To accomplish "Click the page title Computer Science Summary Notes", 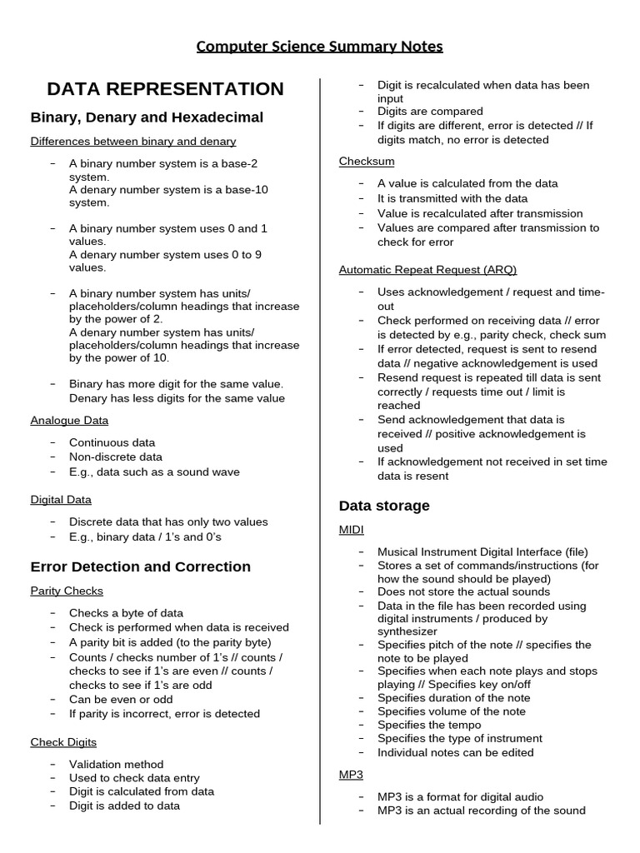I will pyautogui.click(x=319, y=46).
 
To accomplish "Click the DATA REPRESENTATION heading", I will pyautogui.click(x=165, y=89).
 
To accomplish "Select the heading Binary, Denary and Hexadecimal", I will pyautogui.click(x=147, y=117).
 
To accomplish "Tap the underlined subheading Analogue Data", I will pyautogui.click(x=70, y=421).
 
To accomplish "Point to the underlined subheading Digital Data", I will pyautogui.click(x=61, y=500).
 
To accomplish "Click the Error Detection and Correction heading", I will pyautogui.click(x=140, y=566).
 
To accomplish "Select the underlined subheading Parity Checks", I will pyautogui.click(x=67, y=591).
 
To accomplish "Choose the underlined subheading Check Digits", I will pyautogui.click(x=63, y=742).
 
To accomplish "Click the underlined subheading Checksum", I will pyautogui.click(x=367, y=161).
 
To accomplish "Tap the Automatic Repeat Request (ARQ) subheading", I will pyautogui.click(x=427, y=270).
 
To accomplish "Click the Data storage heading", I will pyautogui.click(x=384, y=506).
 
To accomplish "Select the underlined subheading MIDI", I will pyautogui.click(x=351, y=530).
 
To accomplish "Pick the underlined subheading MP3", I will pyautogui.click(x=351, y=775).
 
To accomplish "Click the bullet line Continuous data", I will pyautogui.click(x=112, y=442).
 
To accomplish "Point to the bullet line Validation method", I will pyautogui.click(x=116, y=764).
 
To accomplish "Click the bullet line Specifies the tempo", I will pyautogui.click(x=429, y=725).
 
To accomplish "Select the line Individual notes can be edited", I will pyautogui.click(x=455, y=752).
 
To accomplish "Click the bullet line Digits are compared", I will pyautogui.click(x=430, y=112).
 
